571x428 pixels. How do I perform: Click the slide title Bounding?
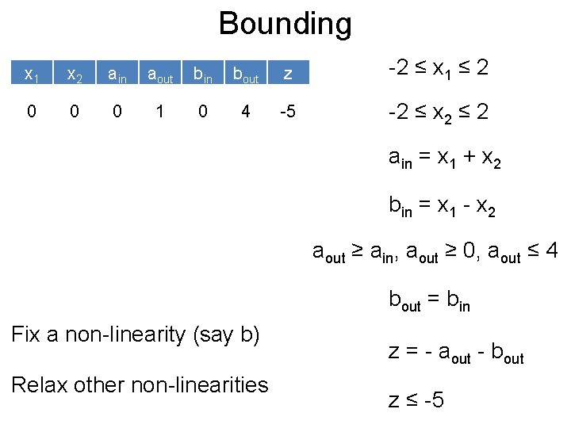pos(285,24)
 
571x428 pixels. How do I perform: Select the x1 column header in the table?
pos(32,75)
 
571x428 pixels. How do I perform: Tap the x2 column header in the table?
pos(75,75)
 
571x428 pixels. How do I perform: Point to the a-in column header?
pos(117,75)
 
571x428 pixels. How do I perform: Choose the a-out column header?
pos(160,75)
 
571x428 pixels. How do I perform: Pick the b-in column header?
pos(203,75)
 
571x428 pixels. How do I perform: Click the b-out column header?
pos(246,75)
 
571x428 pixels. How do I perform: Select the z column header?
pos(289,75)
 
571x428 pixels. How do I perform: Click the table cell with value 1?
pos(160,112)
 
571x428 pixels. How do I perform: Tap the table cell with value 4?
pos(246,112)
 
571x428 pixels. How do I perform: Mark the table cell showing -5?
pos(289,112)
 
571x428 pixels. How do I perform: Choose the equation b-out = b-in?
pos(429,300)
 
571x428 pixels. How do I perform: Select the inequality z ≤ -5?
pos(416,400)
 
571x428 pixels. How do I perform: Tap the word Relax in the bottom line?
pos(41,384)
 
